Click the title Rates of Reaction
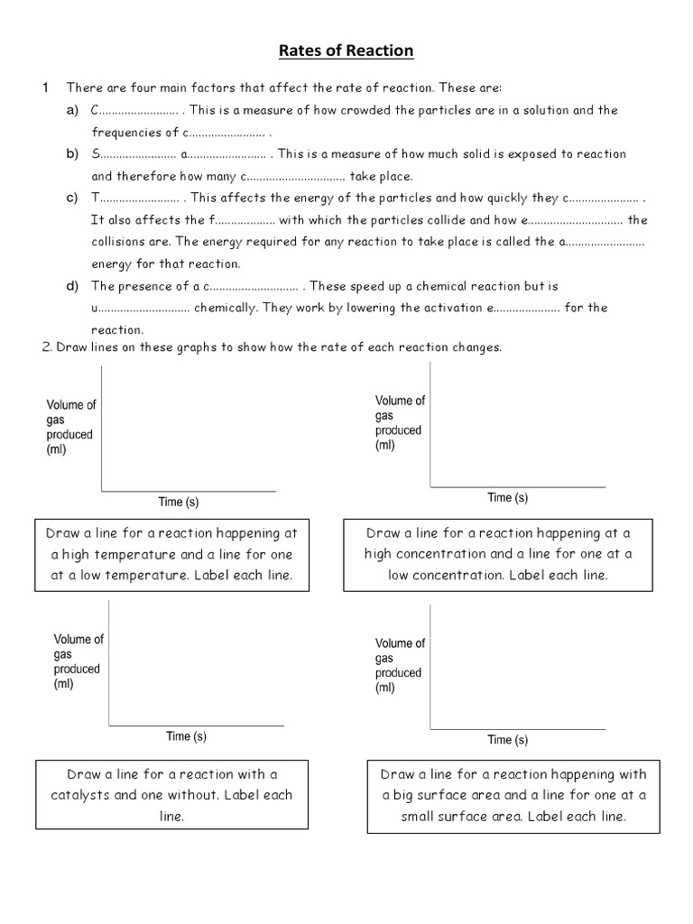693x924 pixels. (x=346, y=51)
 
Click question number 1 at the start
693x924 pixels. (x=44, y=88)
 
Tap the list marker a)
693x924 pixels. (x=72, y=110)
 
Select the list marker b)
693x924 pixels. (x=72, y=154)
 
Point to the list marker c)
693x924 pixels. (x=72, y=198)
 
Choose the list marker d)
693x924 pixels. (x=72, y=286)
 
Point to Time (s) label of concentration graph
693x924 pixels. (x=508, y=497)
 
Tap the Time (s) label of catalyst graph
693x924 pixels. (x=187, y=736)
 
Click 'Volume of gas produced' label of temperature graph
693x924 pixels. (x=70, y=428)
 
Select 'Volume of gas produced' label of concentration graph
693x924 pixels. (x=399, y=423)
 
